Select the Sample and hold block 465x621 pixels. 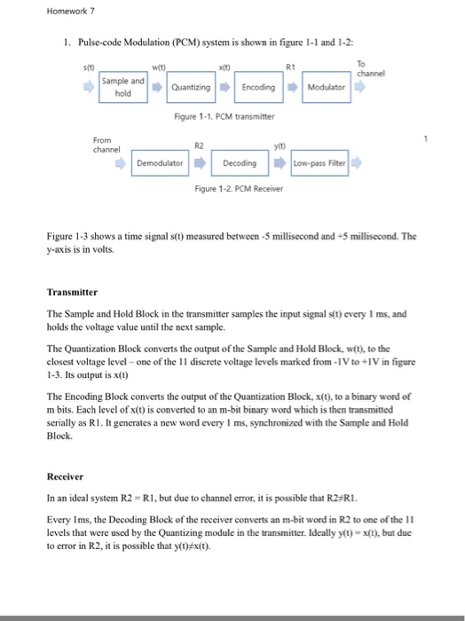pos(124,86)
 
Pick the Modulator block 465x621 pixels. pos(327,87)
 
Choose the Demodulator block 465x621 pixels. pos(160,163)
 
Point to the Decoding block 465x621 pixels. pos(240,163)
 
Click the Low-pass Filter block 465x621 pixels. pos(318,163)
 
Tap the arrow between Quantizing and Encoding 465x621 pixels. pos(226,87)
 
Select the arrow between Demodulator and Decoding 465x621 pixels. pos(200,163)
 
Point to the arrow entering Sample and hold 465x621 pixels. pos(87,87)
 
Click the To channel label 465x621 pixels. pos(364,68)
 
